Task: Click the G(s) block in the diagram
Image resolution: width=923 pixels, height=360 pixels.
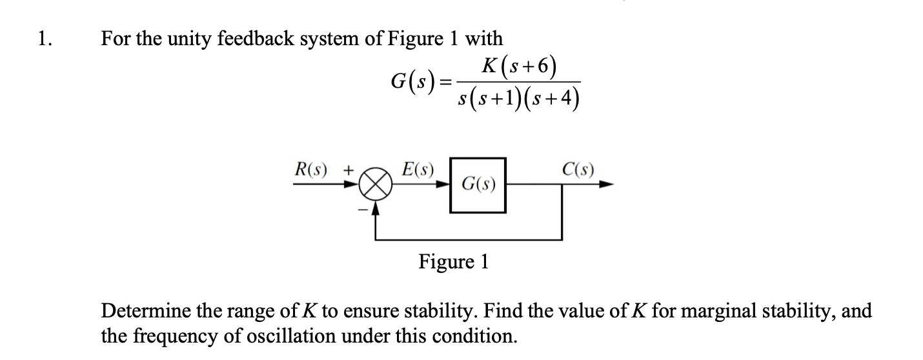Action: pos(478,185)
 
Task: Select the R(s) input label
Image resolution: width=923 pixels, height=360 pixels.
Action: pos(312,171)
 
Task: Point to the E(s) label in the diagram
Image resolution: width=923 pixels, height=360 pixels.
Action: pos(418,171)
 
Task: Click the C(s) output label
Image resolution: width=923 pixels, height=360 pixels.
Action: pos(578,171)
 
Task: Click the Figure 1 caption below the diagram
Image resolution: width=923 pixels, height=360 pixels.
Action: pos(454,262)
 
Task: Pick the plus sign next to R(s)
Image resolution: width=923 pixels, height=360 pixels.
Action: pos(348,172)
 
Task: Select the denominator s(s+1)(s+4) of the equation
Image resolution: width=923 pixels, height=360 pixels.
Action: pos(516,99)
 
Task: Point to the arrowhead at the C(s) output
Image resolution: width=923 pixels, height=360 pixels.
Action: pos(606,185)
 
